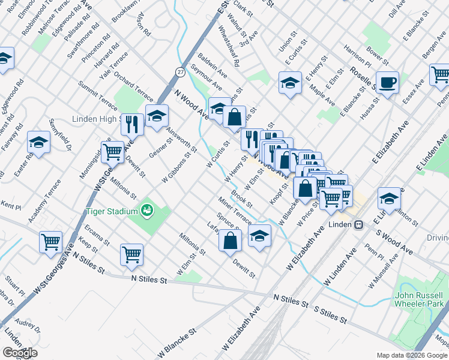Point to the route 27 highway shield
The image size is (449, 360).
[x=180, y=71]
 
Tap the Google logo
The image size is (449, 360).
[x=19, y=352]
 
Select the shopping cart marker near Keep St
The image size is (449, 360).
[x=50, y=242]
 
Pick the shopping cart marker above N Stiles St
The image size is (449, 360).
[x=131, y=254]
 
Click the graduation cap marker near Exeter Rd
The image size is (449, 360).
[x=38, y=143]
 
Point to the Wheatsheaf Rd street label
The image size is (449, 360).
[x=229, y=46]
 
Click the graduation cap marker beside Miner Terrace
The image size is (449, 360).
[x=259, y=236]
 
